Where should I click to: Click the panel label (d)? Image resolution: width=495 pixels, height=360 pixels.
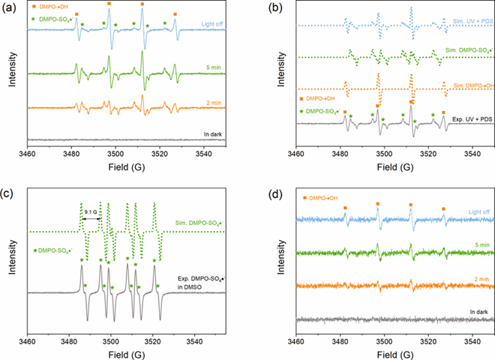pyautogui.click(x=262, y=190)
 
